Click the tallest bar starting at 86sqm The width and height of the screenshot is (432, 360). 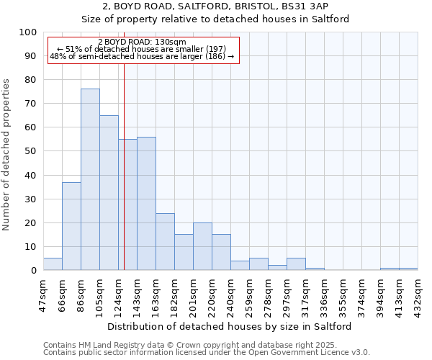90,179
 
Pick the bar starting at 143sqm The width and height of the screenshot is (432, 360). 146,203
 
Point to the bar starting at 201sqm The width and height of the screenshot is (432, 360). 202,246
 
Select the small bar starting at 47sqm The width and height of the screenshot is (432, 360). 53,264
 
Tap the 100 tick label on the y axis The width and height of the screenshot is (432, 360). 28,32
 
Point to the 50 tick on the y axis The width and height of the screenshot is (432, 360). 31,151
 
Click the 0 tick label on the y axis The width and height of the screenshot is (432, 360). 34,271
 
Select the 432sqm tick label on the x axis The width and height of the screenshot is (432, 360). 418,296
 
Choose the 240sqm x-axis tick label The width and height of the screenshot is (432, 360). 230,296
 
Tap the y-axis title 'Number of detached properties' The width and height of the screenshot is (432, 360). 7,155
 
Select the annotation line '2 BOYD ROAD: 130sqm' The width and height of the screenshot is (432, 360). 142,42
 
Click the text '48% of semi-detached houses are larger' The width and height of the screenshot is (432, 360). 142,56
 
